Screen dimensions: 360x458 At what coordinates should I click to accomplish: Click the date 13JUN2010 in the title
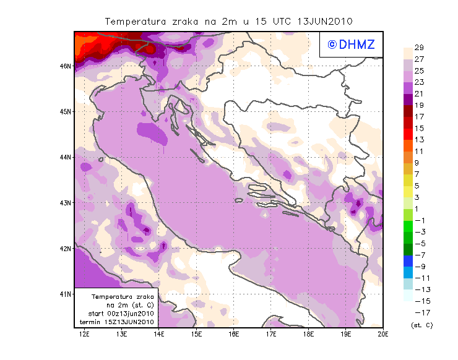coord(325,22)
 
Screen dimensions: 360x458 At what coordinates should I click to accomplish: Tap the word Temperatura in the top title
coord(135,22)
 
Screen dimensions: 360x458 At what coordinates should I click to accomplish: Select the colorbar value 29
coord(418,48)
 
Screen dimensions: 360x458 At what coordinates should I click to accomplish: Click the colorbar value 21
coord(418,93)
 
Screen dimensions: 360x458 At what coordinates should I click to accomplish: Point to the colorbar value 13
coord(418,139)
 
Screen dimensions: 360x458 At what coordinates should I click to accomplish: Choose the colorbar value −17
coord(418,312)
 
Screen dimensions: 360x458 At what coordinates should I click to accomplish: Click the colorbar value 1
coord(418,208)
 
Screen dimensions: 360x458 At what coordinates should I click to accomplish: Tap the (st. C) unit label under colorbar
coord(421,325)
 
